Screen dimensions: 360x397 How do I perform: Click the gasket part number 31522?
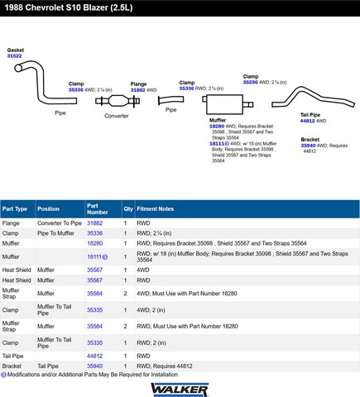[x=14, y=56]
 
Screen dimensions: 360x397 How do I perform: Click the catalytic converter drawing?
[x=118, y=101]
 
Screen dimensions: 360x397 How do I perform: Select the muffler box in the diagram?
[x=224, y=104]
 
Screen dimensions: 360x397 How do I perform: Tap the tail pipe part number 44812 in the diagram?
[x=308, y=121]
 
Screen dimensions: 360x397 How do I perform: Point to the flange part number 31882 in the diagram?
[x=138, y=90]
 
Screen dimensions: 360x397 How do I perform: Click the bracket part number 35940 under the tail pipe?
[x=308, y=146]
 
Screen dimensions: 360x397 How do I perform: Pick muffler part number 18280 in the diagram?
[x=217, y=127]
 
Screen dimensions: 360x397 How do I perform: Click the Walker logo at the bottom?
[x=180, y=390]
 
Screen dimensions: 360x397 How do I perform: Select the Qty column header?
[x=128, y=209]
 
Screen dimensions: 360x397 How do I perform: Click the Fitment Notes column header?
[x=156, y=209]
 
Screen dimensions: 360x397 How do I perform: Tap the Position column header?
[x=48, y=209]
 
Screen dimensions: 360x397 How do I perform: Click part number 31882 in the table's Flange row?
[x=94, y=223]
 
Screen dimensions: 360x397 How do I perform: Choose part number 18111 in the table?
[x=94, y=256]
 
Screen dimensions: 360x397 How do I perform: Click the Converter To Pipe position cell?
[x=60, y=223]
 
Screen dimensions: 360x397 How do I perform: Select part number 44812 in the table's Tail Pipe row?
[x=94, y=356]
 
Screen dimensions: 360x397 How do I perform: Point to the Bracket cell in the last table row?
[x=12, y=366]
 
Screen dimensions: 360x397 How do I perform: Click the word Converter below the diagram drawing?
[x=117, y=116]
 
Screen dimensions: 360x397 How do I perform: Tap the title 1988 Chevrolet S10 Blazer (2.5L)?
[x=69, y=7]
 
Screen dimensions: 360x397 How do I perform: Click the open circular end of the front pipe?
[x=18, y=68]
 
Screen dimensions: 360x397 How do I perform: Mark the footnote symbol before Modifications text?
[x=3, y=375]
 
